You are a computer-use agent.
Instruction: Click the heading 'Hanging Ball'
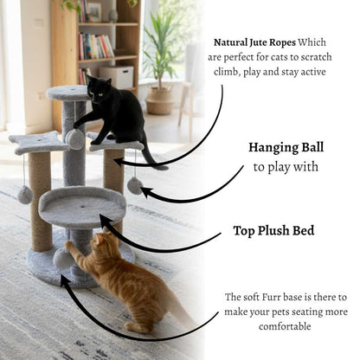click(x=286, y=147)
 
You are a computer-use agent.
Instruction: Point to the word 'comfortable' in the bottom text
click(x=286, y=327)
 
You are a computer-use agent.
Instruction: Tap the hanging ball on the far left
click(x=25, y=195)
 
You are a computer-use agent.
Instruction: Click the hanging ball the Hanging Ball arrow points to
click(x=135, y=185)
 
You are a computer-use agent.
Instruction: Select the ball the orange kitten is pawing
click(x=62, y=257)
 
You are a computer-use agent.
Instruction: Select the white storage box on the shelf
click(x=117, y=76)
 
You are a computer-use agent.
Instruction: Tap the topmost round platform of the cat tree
click(x=68, y=92)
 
